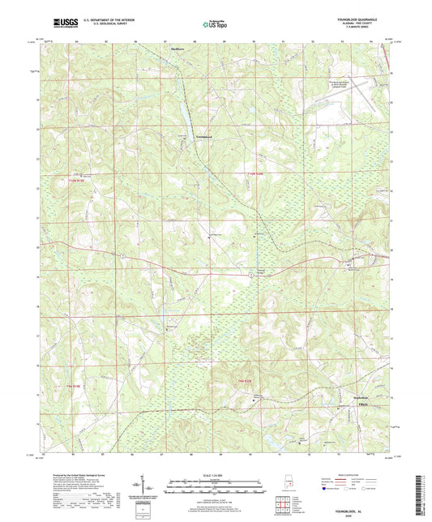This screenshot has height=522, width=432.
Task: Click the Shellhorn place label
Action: click(x=178, y=48)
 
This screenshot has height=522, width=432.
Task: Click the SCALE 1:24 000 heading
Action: click(x=216, y=473)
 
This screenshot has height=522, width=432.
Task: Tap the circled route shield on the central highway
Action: click(x=251, y=275)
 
